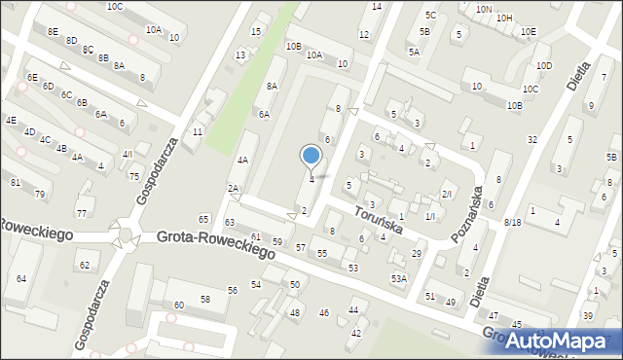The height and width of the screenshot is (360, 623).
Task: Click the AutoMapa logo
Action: [x=562, y=341]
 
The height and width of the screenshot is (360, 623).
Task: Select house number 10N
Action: [x=484, y=9]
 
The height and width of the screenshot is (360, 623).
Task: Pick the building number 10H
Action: [x=503, y=18]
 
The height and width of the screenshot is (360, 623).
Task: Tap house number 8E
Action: [x=53, y=31]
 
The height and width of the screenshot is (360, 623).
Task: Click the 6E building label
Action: [x=32, y=77]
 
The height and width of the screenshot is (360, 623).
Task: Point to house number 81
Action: [x=15, y=183]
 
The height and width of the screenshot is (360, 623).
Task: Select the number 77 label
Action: [x=82, y=213]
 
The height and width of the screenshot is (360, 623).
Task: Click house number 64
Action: [x=21, y=279]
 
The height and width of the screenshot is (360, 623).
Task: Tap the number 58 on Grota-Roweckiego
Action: [x=205, y=299]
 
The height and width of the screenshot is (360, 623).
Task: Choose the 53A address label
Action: [x=398, y=278]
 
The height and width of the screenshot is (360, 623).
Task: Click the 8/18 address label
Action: [x=512, y=223]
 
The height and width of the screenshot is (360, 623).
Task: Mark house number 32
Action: [x=532, y=140]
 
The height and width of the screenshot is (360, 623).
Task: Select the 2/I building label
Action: [x=447, y=195]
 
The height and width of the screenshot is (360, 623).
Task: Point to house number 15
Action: [x=256, y=32]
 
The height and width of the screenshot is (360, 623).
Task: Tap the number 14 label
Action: [x=377, y=7]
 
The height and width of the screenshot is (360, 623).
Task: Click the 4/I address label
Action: [x=128, y=155]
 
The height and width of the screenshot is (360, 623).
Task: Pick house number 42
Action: [x=356, y=333]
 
